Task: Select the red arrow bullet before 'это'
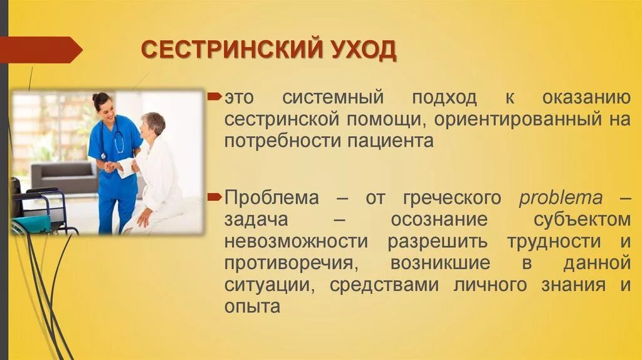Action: click(215, 97)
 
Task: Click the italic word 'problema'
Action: click(560, 198)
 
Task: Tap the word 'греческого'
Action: click(448, 198)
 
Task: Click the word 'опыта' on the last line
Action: click(251, 307)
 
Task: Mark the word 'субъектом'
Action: click(582, 220)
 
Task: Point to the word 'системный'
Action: click(332, 98)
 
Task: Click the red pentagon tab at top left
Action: click(41, 50)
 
